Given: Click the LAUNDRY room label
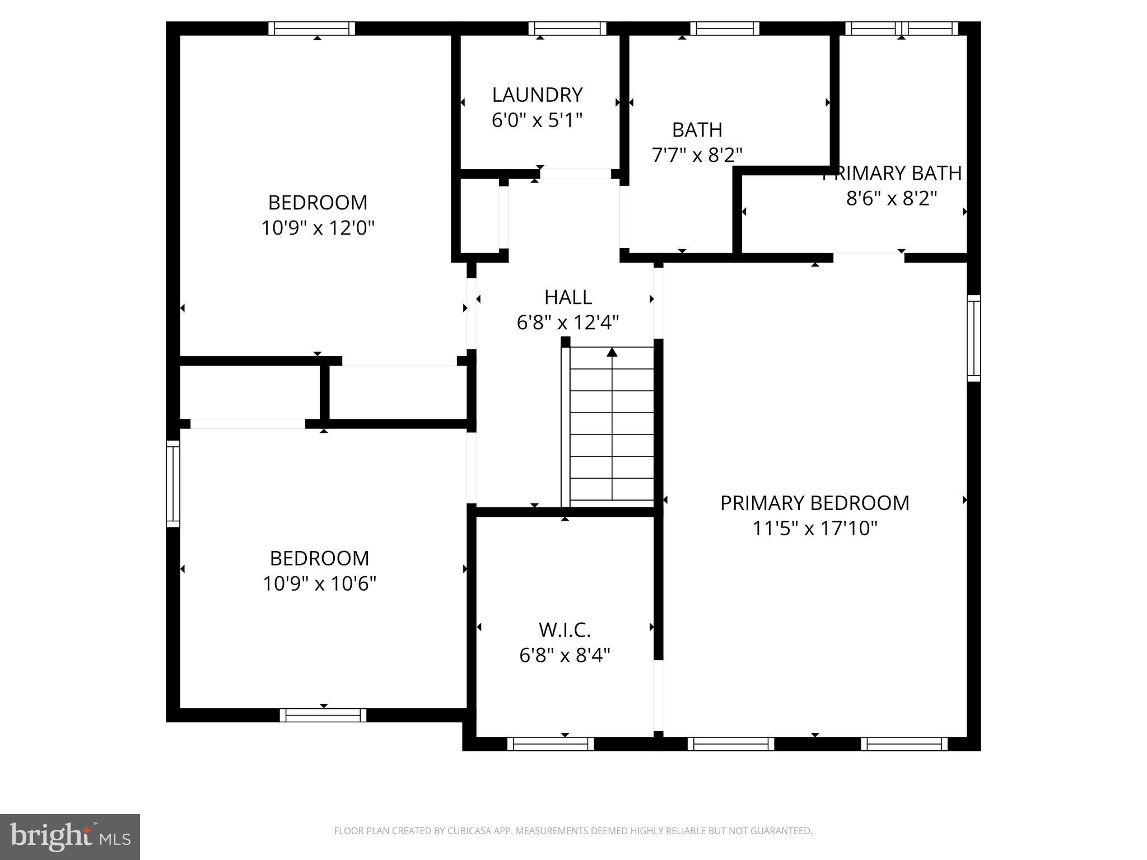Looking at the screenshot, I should tap(537, 95).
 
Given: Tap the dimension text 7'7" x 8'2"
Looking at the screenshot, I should tap(697, 155).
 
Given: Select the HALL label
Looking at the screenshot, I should tap(568, 297).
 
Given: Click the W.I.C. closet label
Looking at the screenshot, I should tap(565, 630).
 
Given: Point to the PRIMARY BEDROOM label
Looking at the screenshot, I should tap(814, 503).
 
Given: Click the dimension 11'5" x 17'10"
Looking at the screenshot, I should tap(814, 528).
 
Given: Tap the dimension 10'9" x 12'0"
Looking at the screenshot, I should tap(318, 228).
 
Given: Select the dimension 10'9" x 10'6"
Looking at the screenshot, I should tap(319, 584).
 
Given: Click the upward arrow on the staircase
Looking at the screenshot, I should tap(612, 352).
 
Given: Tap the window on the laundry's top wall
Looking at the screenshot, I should tap(567, 29).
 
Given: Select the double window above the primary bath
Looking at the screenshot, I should tap(901, 29).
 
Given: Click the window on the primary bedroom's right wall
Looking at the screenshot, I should tap(974, 338).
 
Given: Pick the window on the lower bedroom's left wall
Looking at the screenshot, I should tap(173, 484).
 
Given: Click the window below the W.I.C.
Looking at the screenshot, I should tap(550, 744).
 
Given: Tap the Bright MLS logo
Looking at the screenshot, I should tap(70, 836).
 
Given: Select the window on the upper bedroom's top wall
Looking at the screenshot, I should tap(311, 29).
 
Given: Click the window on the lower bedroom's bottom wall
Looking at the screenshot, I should tap(323, 715).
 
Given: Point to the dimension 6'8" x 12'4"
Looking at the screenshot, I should tap(568, 322).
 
